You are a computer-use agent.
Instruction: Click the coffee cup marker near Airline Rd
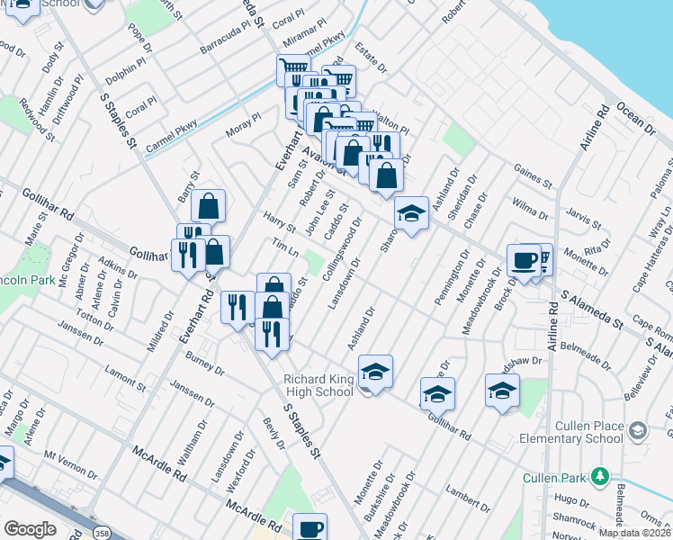point(524,260)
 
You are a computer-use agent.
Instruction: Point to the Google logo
point(30,529)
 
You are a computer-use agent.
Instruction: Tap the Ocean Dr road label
point(634,121)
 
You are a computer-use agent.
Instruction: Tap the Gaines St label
point(534,176)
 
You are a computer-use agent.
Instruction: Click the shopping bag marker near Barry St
point(208,206)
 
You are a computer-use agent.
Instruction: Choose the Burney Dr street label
point(204,362)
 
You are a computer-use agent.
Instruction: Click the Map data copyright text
point(635,532)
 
